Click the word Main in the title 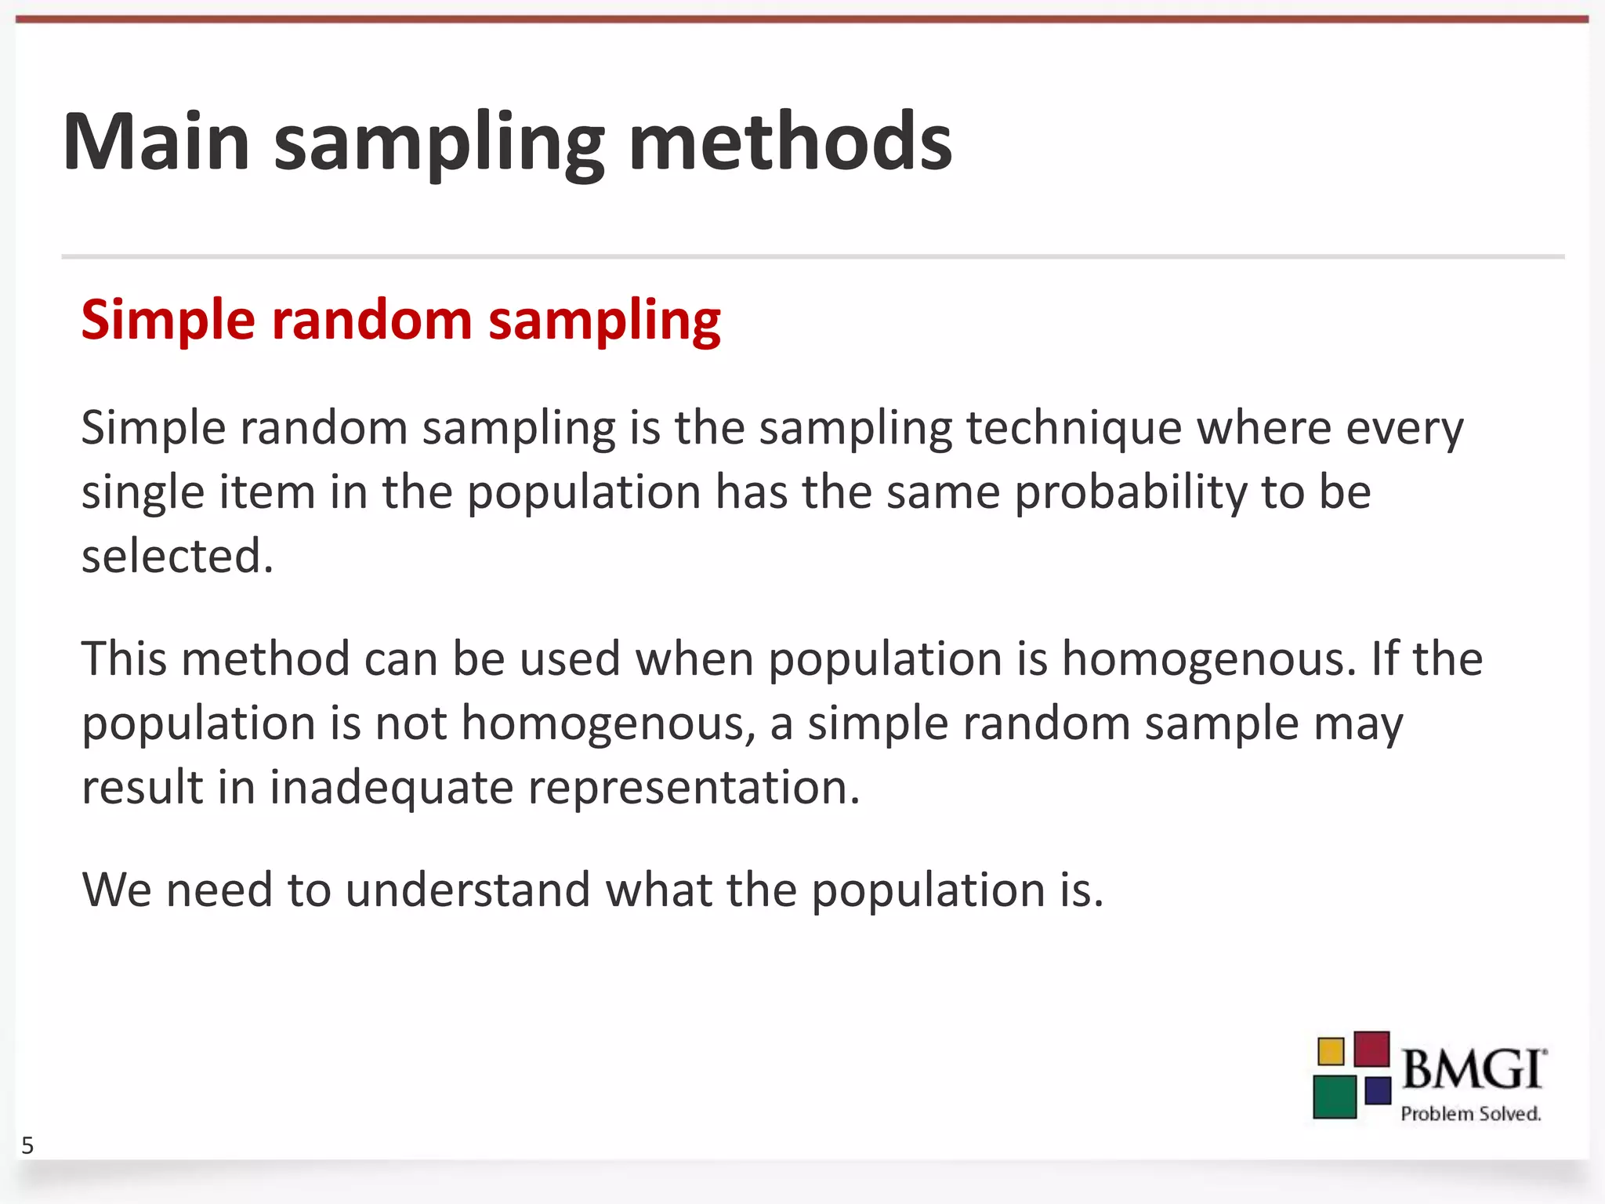click(156, 142)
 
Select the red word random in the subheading click(371, 320)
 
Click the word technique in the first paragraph click(1074, 429)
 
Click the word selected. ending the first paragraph click(177, 557)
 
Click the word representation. click(694, 787)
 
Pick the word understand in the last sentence click(468, 890)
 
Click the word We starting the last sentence click(116, 890)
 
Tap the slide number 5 click(27, 1146)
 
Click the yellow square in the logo click(1331, 1051)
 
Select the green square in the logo click(1335, 1096)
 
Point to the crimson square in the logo click(1371, 1049)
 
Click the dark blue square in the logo click(1378, 1090)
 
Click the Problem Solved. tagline click(1470, 1114)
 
